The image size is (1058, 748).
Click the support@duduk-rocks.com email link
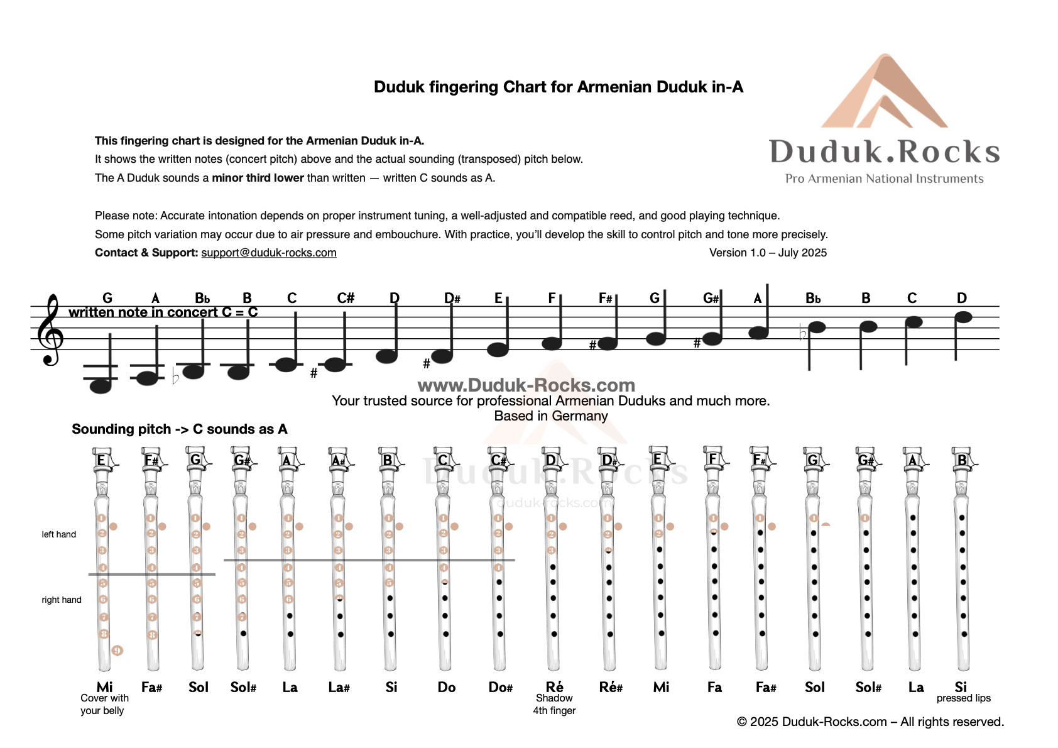point(268,253)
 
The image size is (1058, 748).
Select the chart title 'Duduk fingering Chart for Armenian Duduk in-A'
point(558,87)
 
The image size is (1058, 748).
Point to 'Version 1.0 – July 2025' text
point(768,253)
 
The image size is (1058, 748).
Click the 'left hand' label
point(58,534)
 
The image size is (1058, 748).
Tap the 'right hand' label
point(61,600)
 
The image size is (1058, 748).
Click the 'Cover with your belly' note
point(104,704)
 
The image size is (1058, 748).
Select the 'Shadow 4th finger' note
point(554,704)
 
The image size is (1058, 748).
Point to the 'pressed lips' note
point(963,698)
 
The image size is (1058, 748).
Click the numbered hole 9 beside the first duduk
point(117,650)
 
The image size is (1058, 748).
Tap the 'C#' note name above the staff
point(346,298)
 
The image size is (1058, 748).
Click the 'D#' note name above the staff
point(452,298)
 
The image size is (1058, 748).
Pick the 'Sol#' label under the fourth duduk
point(243,687)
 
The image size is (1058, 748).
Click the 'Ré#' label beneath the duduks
point(611,687)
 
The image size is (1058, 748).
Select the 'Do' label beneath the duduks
point(447,687)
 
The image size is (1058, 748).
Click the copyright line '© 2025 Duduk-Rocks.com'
point(870,722)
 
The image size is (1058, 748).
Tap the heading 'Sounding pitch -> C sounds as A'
point(179,429)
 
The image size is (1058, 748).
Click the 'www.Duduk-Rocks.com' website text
point(526,385)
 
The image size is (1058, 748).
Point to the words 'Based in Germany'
point(551,415)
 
